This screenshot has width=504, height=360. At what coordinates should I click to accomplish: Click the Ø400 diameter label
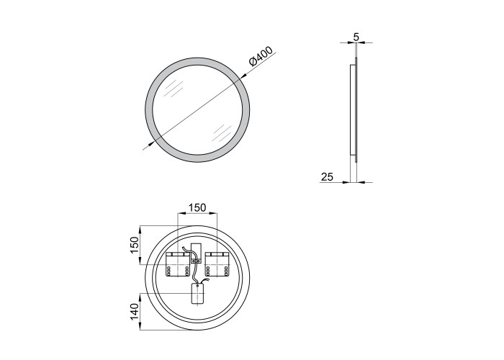click(261, 56)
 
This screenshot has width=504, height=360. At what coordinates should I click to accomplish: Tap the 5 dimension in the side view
click(356, 37)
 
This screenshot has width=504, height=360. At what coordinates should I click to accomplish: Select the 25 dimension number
click(327, 177)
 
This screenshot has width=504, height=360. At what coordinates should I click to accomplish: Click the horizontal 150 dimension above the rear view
click(197, 207)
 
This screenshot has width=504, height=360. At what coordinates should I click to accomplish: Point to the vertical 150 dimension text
click(135, 245)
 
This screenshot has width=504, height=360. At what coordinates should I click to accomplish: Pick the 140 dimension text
click(135, 312)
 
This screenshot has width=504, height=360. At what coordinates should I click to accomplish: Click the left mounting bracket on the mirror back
click(178, 264)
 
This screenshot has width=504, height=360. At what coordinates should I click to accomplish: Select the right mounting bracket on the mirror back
click(217, 264)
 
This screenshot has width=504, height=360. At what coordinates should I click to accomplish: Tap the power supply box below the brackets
click(198, 293)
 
